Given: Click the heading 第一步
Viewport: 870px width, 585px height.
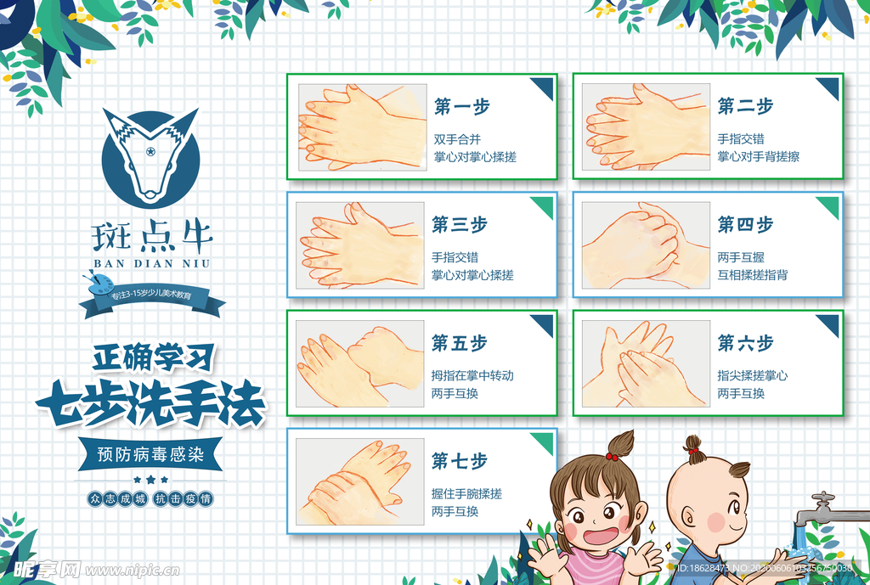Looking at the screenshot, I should [x=461, y=108].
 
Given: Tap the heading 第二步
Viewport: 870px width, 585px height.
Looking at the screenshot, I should [x=745, y=107].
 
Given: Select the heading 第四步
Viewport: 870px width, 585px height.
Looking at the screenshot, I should [x=745, y=225].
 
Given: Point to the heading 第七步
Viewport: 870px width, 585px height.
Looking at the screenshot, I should [x=459, y=461].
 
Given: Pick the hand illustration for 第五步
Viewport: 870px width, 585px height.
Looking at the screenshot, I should [x=360, y=363].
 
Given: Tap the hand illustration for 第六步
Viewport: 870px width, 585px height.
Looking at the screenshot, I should [x=646, y=363].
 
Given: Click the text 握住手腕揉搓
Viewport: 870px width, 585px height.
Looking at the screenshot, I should [x=466, y=494].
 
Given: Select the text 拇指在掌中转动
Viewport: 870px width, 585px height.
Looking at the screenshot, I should [x=472, y=375].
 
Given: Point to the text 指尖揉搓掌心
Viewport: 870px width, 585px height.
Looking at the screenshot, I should [x=753, y=375].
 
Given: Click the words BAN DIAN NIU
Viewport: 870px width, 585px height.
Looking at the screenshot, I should [x=152, y=263].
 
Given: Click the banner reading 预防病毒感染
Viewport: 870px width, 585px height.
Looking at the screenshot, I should [x=150, y=455].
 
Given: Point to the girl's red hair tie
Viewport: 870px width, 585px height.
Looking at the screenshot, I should [x=612, y=457].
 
